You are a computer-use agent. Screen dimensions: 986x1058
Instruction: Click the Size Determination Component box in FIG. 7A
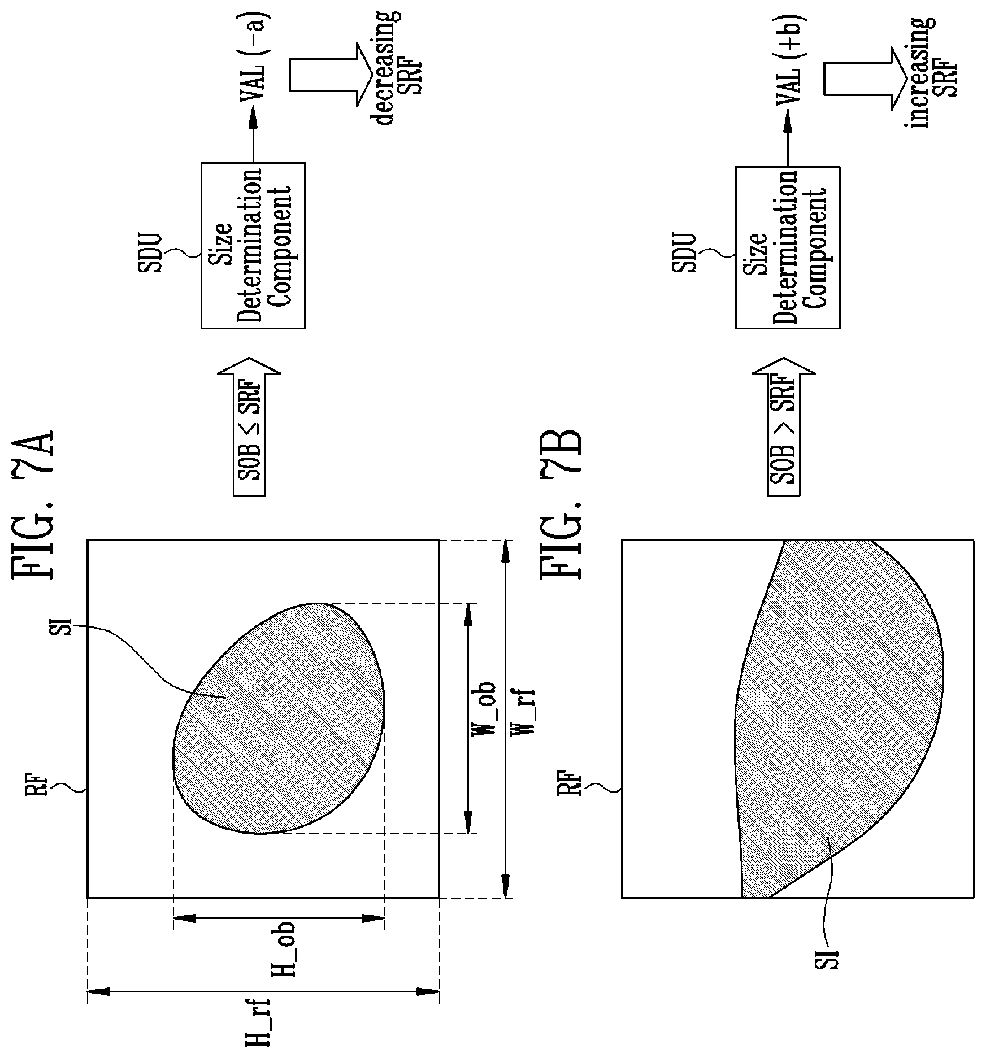(253, 245)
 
